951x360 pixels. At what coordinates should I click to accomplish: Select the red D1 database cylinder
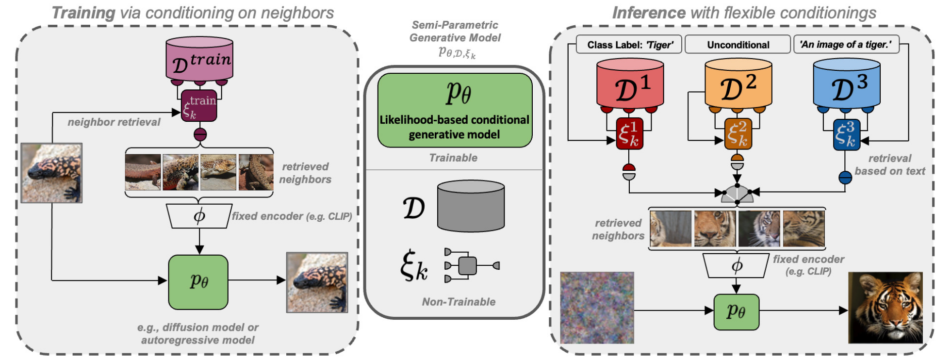630,83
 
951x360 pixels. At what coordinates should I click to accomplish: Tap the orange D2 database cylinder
738,83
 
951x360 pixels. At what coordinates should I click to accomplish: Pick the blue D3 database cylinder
846,83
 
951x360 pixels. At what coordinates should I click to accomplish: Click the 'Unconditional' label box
738,45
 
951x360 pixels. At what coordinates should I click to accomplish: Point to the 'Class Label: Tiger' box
629,45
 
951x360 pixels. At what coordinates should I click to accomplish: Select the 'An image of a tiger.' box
845,45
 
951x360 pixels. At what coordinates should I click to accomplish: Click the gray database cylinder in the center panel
471,206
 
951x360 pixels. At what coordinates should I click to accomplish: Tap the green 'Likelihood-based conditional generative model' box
455,110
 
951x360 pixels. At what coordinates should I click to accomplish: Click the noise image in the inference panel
597,308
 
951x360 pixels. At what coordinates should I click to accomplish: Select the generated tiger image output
885,308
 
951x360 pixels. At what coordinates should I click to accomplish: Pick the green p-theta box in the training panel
198,282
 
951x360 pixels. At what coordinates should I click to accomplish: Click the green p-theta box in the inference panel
736,312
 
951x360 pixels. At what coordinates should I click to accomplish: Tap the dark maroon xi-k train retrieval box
199,106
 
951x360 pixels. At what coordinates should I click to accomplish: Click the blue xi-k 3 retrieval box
846,134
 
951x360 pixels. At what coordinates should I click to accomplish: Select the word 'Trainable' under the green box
453,158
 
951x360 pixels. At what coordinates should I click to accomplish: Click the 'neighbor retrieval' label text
114,122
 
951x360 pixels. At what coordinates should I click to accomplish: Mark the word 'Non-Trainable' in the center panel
459,302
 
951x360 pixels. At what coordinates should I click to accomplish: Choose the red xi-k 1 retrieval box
629,133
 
